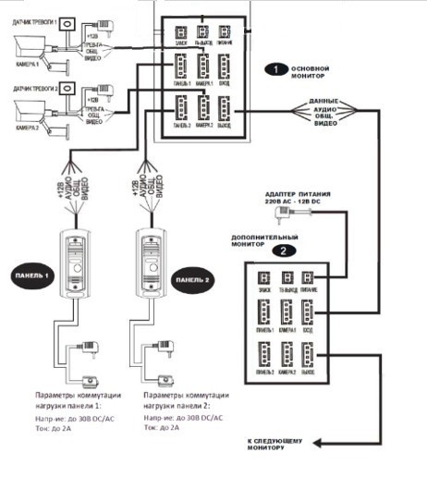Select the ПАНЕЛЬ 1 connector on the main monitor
point(179,68)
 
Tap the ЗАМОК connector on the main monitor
point(179,32)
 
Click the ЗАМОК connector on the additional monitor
point(263,277)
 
